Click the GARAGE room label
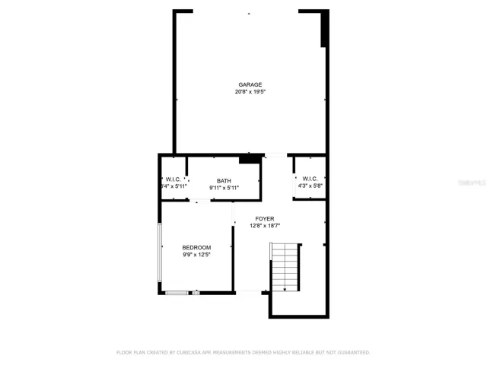(x=250, y=84)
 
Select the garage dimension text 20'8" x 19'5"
(x=250, y=92)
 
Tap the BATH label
(x=224, y=181)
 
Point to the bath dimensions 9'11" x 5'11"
(x=224, y=188)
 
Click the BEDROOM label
(x=196, y=248)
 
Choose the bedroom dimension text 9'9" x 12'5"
(x=196, y=255)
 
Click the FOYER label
(x=265, y=218)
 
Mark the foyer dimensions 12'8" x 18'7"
(x=265, y=226)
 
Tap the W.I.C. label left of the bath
(x=173, y=179)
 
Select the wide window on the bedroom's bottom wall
(x=177, y=293)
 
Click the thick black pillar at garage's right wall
(x=325, y=29)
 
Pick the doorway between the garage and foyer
(x=275, y=156)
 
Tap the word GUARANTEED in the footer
(x=351, y=352)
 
